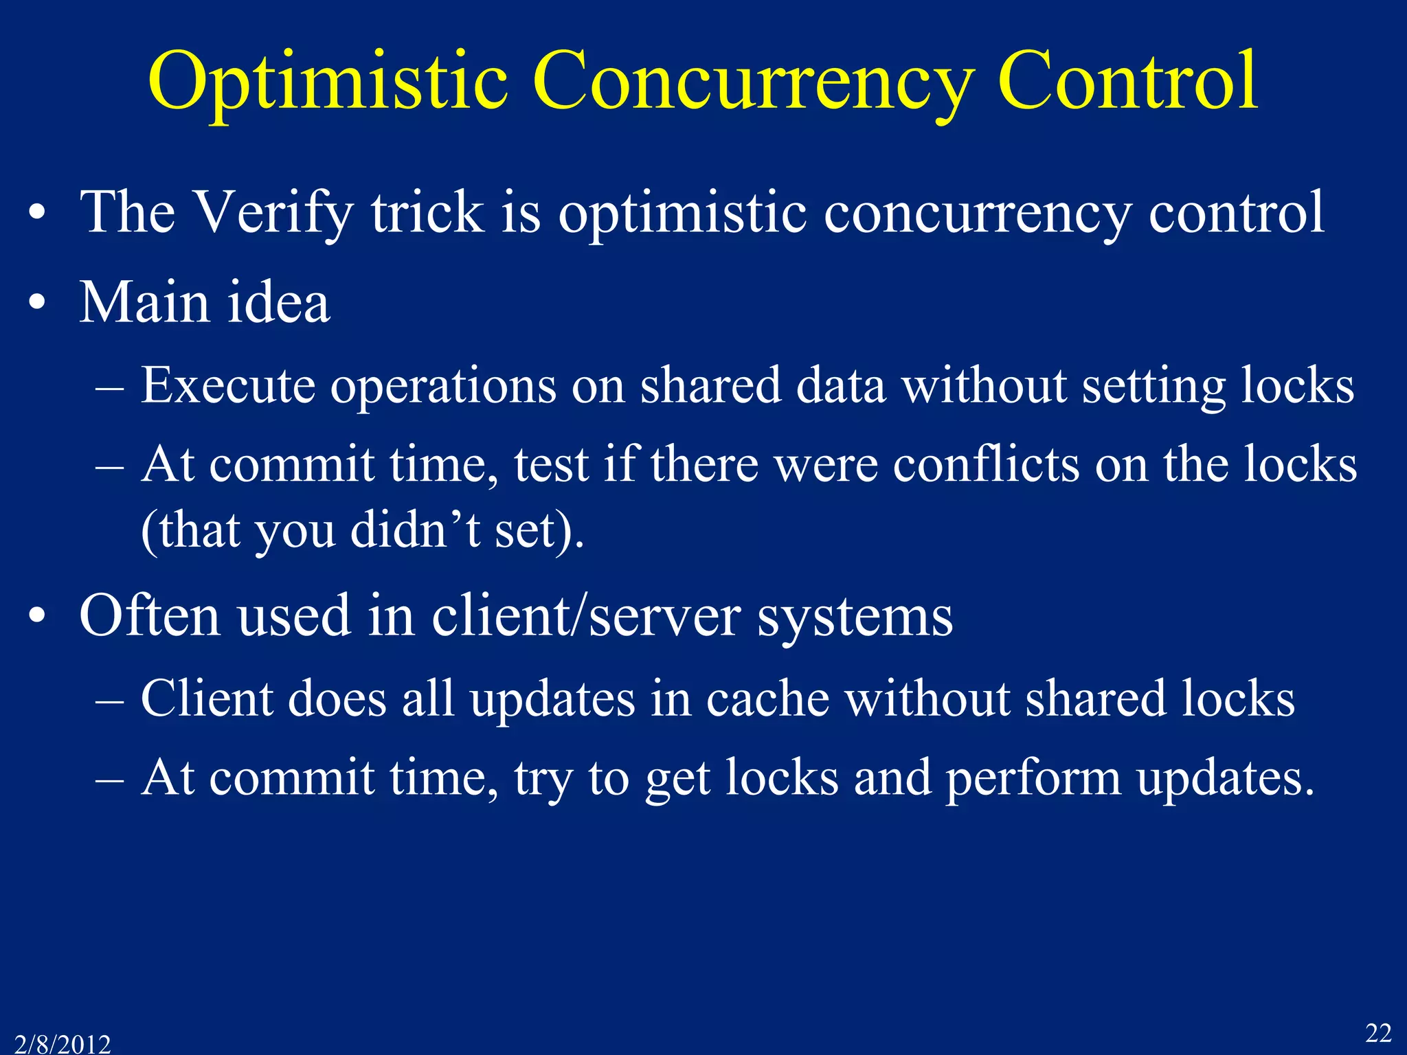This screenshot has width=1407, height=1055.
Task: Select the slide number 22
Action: point(1377,1032)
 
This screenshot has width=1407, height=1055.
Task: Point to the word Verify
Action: point(273,213)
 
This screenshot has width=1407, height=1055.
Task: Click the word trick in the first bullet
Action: point(427,213)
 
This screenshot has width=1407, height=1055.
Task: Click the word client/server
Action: point(586,616)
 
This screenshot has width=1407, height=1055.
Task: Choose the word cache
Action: point(767,699)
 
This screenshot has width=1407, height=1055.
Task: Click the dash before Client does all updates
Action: point(110,701)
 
